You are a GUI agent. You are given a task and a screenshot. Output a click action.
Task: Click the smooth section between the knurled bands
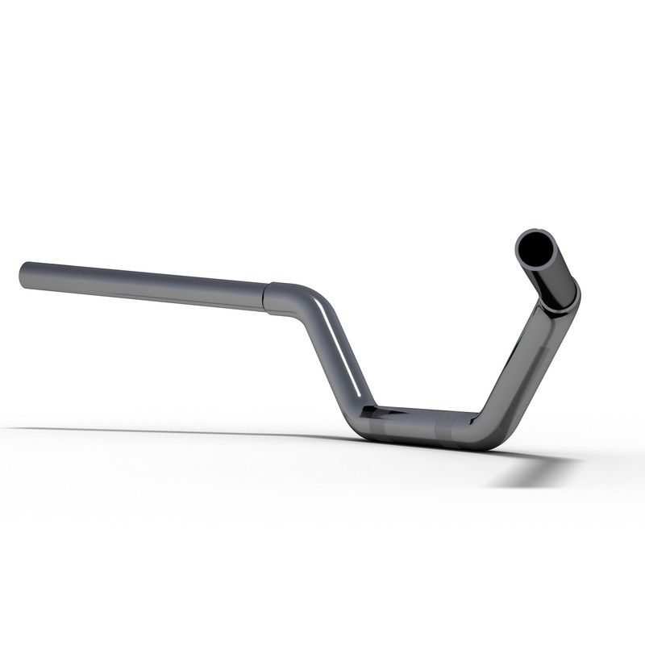[x=419, y=426]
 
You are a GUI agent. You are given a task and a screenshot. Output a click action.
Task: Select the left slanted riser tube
[x=335, y=355]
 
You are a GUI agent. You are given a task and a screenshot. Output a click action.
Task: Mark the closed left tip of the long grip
[x=22, y=272]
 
